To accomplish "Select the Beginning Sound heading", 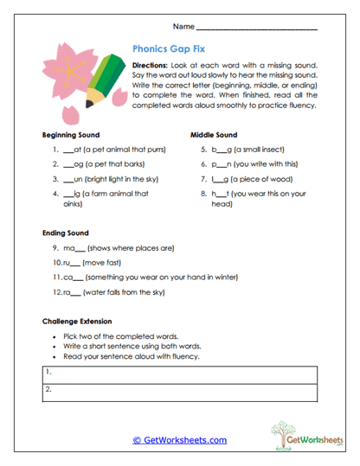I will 70,136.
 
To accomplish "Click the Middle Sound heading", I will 213,136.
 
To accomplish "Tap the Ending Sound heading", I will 65,233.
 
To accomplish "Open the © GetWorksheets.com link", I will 179,439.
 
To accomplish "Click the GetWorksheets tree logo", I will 292,432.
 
